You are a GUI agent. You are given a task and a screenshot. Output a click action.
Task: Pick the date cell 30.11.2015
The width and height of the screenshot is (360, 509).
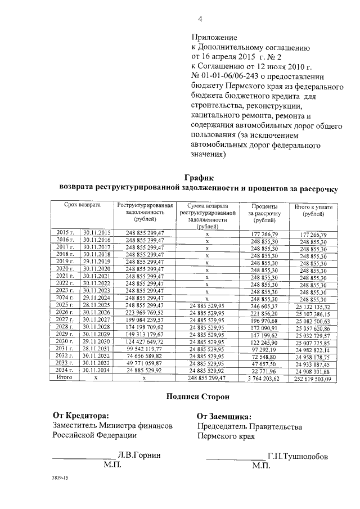click(97, 232)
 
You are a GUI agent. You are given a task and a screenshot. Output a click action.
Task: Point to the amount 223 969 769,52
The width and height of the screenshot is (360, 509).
click(144, 313)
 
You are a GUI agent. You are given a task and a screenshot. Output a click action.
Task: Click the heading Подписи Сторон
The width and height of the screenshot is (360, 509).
click(198, 397)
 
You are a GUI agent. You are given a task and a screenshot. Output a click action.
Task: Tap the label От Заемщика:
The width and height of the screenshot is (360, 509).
click(223, 417)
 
